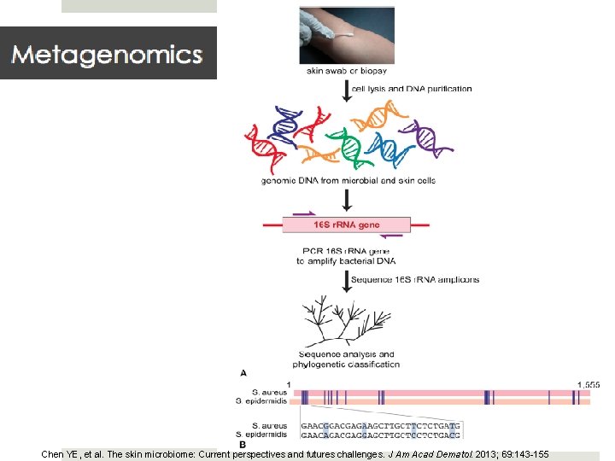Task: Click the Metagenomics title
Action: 107,55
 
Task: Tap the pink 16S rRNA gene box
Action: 347,225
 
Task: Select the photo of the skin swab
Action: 347,35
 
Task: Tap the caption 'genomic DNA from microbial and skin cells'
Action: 348,180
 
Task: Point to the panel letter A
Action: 244,373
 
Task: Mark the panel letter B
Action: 244,444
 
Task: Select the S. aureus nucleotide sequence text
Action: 380,424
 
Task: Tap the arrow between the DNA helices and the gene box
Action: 347,201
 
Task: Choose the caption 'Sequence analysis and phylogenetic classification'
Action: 347,359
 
